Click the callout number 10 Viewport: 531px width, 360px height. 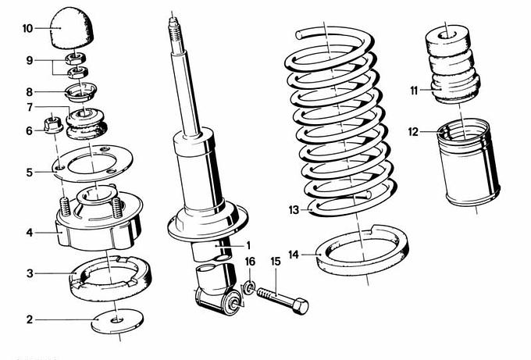click(27, 29)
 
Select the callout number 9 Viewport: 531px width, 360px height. click(29, 60)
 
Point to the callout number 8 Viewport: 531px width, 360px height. click(29, 91)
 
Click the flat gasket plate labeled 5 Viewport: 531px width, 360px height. click(94, 162)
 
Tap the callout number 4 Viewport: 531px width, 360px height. click(29, 232)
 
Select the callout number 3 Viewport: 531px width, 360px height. click(29, 273)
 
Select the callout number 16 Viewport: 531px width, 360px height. click(250, 260)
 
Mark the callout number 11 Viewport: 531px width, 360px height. click(415, 91)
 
